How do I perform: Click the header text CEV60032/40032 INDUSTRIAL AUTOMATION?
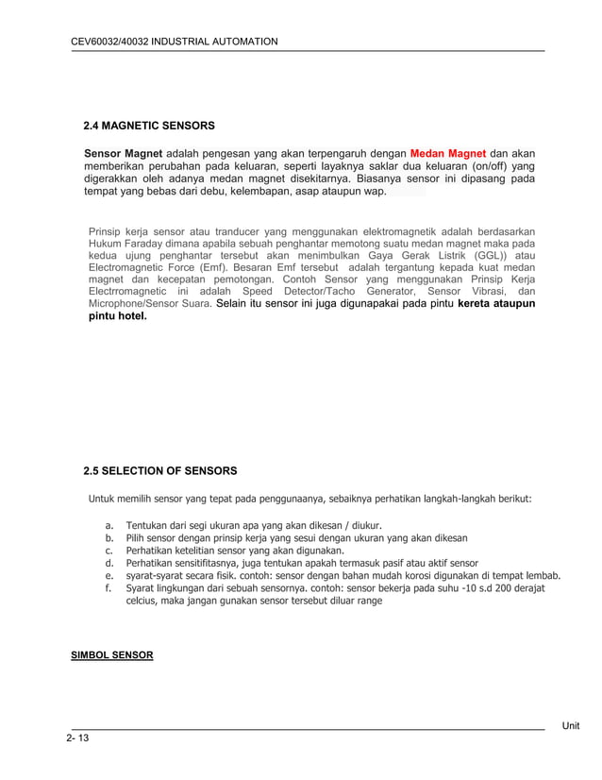175,42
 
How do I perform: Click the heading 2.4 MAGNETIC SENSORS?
149,126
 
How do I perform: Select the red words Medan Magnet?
448,153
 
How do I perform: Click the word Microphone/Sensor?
138,305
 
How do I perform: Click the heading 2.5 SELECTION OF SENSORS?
159,470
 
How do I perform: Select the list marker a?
109,525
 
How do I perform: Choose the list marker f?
109,587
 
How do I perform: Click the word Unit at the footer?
571,725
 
